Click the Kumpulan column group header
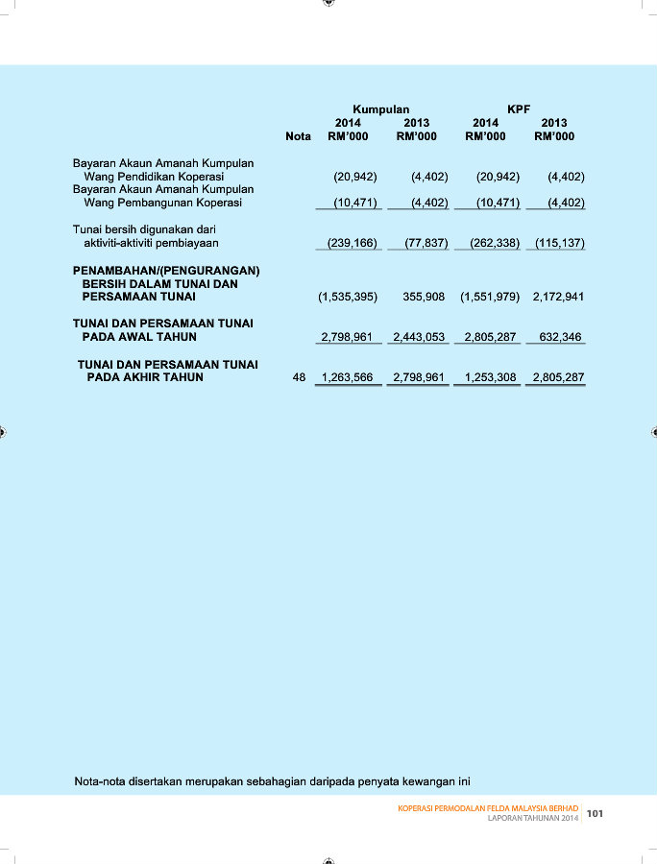point(381,109)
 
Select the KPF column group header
point(519,109)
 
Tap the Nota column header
point(298,136)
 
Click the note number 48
point(299,378)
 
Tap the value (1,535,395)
point(348,298)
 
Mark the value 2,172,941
point(558,298)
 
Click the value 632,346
point(563,338)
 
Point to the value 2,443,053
point(419,338)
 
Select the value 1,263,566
point(347,378)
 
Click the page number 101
point(595,814)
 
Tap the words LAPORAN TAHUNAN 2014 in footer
point(533,818)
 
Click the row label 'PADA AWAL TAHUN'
point(139,338)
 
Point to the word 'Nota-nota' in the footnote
point(102,780)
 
